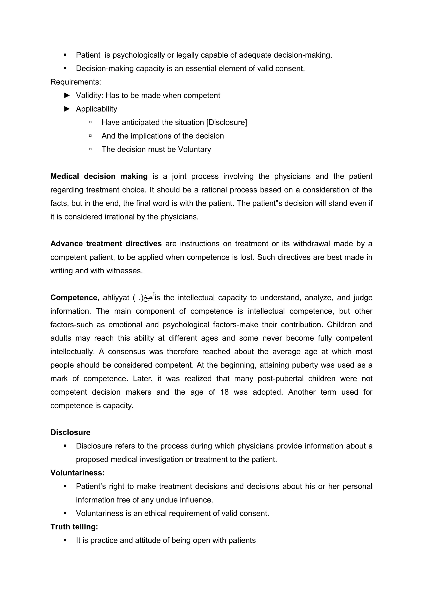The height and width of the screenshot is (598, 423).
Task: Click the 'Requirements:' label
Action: (76, 82)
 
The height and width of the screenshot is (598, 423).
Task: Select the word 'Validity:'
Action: (90, 96)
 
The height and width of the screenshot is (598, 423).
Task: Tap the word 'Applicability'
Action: (96, 109)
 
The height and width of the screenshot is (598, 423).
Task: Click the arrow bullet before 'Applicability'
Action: (67, 109)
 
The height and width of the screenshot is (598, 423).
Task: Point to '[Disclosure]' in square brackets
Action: (226, 122)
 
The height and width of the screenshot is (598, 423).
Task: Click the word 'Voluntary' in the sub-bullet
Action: (194, 149)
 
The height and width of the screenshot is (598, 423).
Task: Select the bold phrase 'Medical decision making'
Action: (99, 176)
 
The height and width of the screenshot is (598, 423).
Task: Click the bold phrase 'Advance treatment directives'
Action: (106, 244)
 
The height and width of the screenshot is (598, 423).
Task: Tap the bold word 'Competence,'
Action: (75, 298)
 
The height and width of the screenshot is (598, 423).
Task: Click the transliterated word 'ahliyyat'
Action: (116, 298)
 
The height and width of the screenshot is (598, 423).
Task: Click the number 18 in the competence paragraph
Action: (224, 392)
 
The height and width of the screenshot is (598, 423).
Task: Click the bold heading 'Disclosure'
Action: (70, 433)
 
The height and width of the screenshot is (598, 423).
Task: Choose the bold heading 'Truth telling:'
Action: (74, 527)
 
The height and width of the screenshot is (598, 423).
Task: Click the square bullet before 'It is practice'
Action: (65, 540)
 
